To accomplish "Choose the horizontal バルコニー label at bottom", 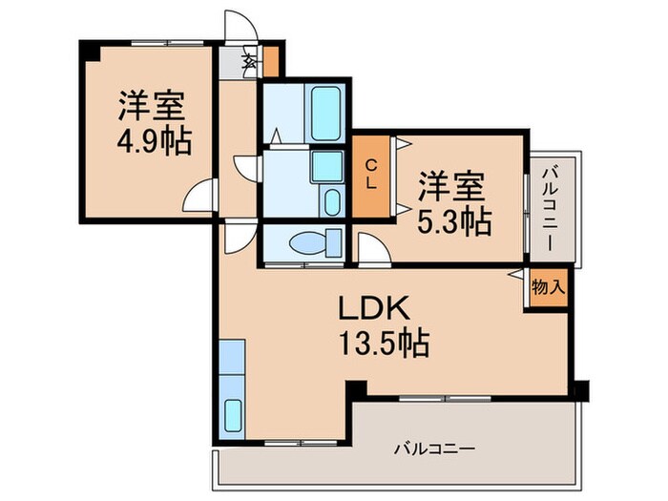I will [x=433, y=447].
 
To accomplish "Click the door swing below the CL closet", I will [x=373, y=245].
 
